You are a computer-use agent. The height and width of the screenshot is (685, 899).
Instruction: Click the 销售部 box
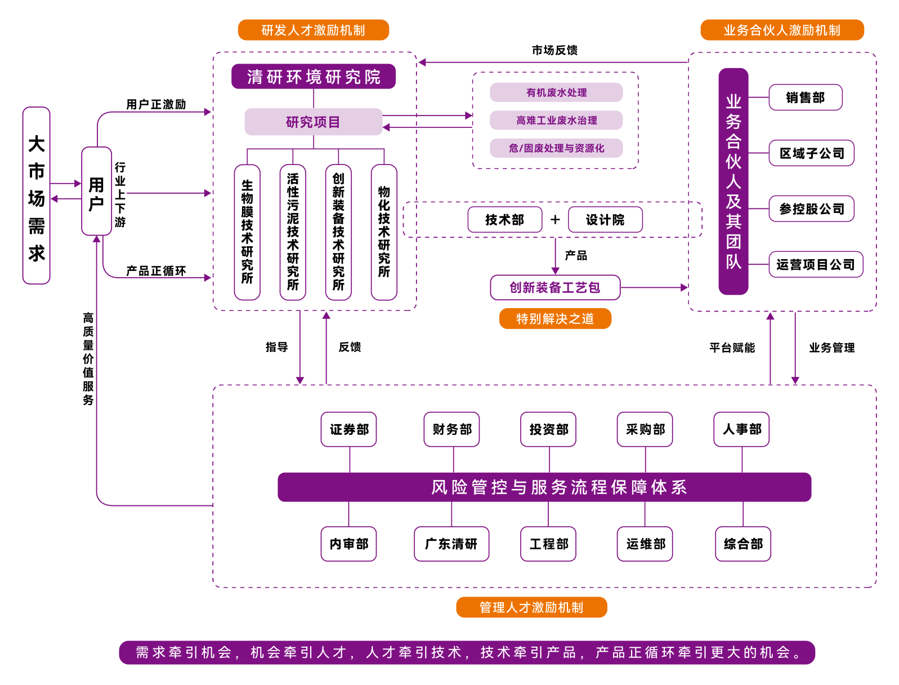(x=805, y=97)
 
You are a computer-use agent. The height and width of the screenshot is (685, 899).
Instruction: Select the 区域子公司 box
(x=811, y=153)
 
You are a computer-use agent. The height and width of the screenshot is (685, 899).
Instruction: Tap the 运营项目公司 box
(x=815, y=264)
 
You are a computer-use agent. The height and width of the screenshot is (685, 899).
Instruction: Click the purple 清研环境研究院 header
(x=314, y=77)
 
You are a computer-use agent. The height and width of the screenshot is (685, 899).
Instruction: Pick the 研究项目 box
(x=313, y=122)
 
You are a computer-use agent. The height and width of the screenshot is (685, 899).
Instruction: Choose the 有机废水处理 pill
(x=556, y=92)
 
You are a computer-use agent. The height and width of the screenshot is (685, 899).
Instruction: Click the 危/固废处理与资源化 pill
(x=556, y=148)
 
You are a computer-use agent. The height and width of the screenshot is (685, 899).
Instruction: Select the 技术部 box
(x=504, y=220)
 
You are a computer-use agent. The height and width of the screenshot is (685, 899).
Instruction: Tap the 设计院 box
(x=605, y=220)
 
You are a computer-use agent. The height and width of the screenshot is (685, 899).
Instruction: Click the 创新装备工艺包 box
(x=555, y=287)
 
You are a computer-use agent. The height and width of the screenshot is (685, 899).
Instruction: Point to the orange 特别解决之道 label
(x=555, y=319)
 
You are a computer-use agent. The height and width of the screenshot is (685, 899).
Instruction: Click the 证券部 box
(x=349, y=429)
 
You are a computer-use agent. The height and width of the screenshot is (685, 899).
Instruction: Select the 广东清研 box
(x=451, y=544)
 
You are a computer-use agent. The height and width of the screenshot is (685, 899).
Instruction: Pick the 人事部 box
(x=741, y=429)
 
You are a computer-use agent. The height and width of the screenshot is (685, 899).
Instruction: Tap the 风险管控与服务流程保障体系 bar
(x=544, y=487)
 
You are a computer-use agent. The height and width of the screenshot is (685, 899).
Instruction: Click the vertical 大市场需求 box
(x=37, y=195)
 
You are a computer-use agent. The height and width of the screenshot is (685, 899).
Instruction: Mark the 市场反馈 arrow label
(x=554, y=50)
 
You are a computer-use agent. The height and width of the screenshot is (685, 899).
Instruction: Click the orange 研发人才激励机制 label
(x=314, y=30)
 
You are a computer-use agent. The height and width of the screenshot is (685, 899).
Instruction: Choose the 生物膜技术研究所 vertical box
(x=247, y=232)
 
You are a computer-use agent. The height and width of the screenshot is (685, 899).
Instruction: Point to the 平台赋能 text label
(x=732, y=348)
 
